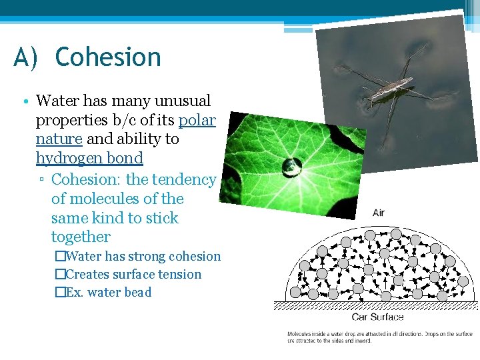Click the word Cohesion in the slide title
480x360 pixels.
pyautogui.click(x=108, y=57)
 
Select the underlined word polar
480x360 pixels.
pyautogui.click(x=197, y=120)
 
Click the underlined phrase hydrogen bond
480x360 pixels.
pyautogui.click(x=89, y=158)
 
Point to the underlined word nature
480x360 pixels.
pyautogui.click(x=59, y=139)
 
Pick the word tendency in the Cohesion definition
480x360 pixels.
pyautogui.click(x=185, y=179)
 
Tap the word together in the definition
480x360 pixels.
pyautogui.click(x=81, y=237)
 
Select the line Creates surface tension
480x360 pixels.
pyautogui.click(x=133, y=274)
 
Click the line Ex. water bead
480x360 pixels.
pyautogui.click(x=109, y=292)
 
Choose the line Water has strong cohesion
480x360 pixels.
pyautogui.click(x=143, y=256)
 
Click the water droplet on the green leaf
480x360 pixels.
pyautogui.click(x=291, y=167)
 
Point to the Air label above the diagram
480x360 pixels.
pyautogui.click(x=379, y=213)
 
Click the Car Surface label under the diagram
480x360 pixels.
pyautogui.click(x=378, y=317)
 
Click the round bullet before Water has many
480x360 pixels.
pyautogui.click(x=24, y=102)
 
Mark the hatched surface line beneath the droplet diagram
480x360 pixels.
pyautogui.click(x=376, y=306)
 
